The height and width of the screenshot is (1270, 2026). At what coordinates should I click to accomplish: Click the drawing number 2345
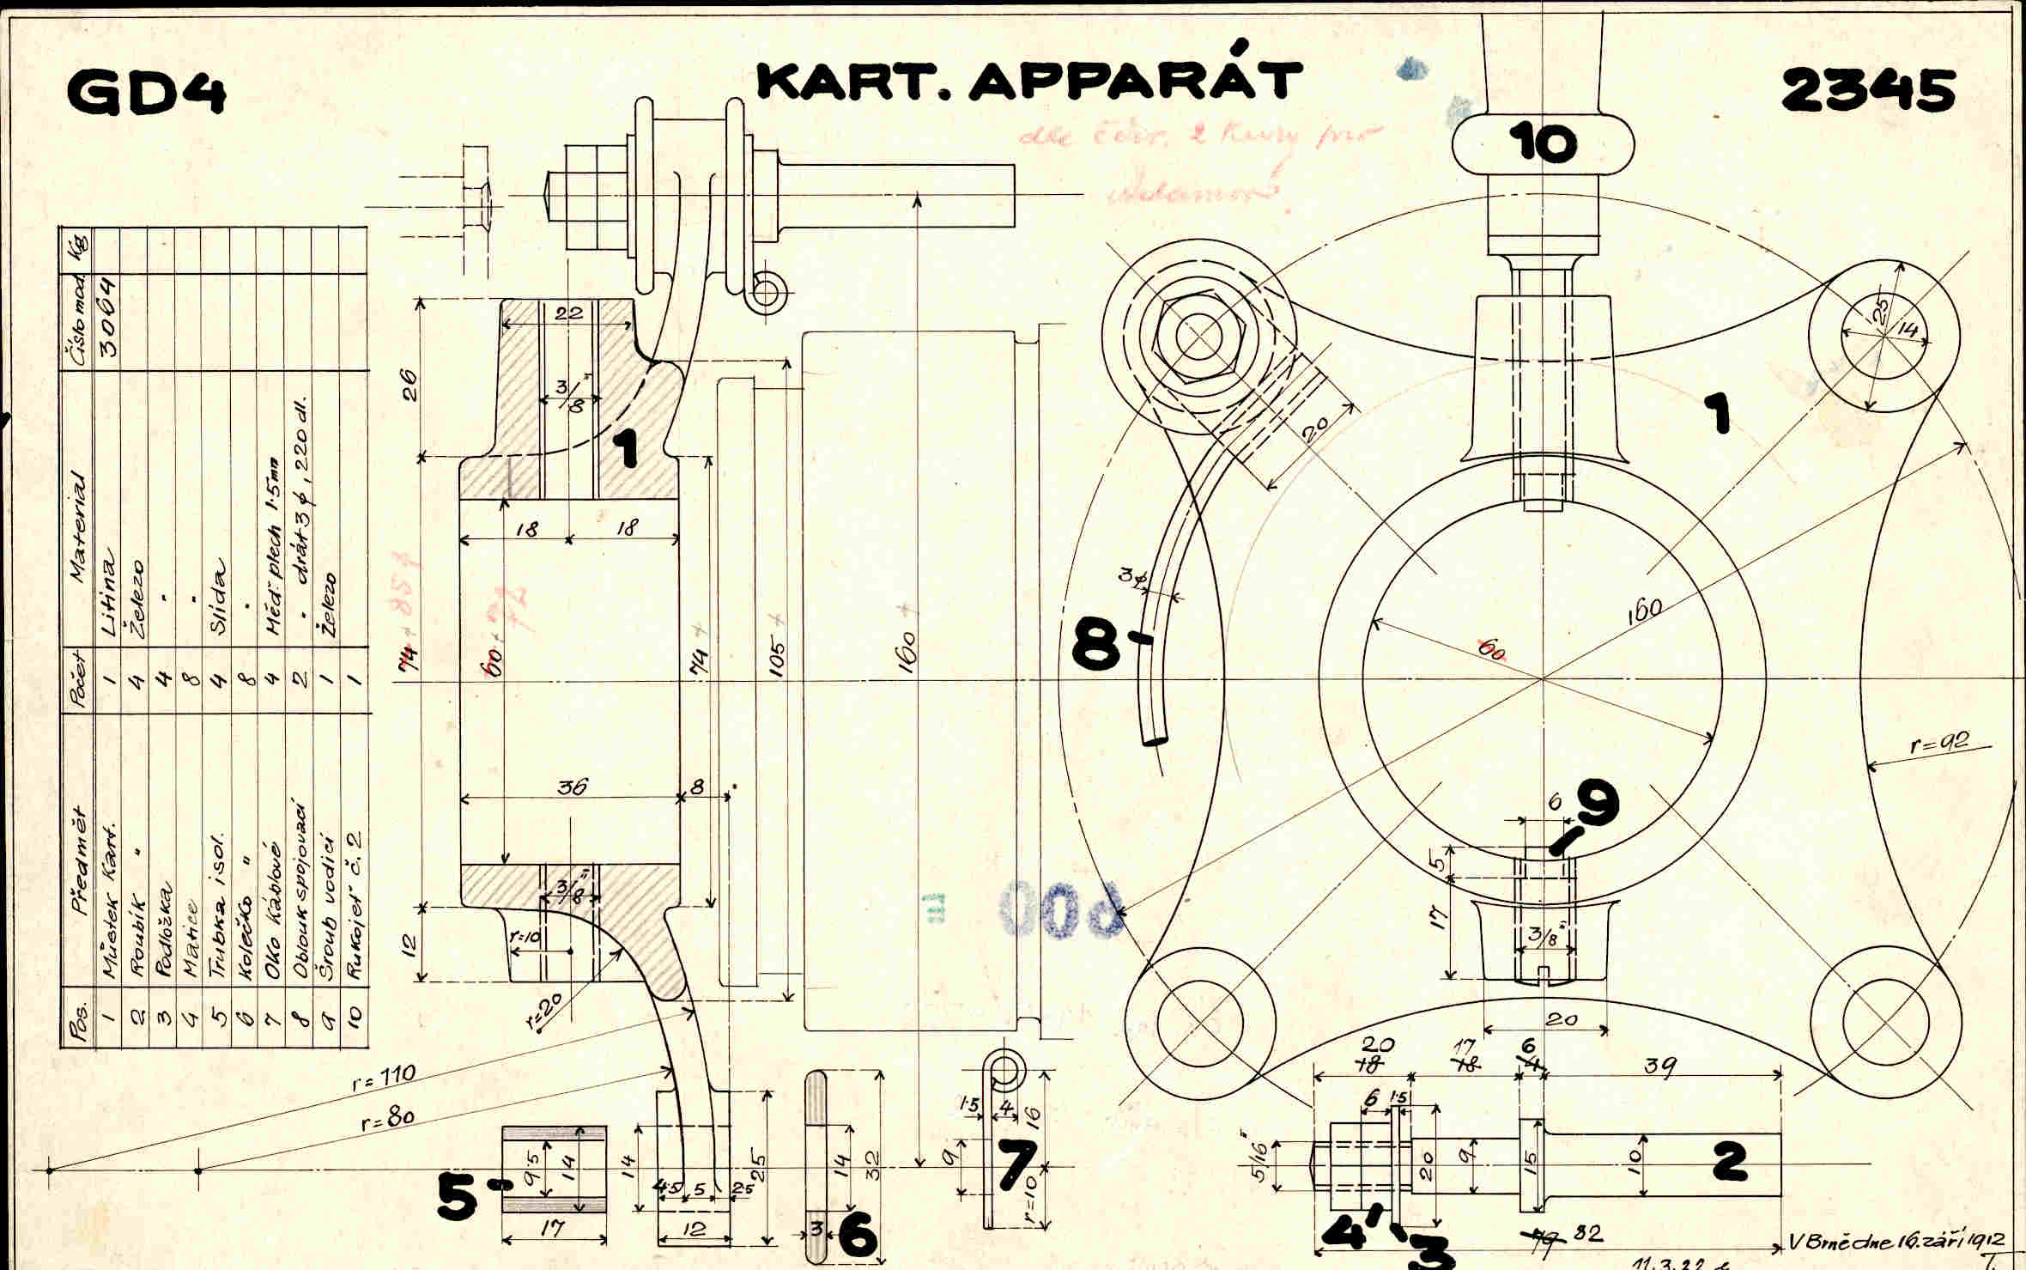1868,90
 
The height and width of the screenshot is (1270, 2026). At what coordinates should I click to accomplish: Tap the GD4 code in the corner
147,92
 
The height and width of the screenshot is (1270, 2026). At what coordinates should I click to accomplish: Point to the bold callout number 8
1095,645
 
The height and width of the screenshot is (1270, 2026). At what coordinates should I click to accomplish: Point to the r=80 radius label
388,1119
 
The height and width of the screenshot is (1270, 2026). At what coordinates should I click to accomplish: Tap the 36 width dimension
571,786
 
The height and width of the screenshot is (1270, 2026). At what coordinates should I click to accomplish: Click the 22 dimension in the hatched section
567,313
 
